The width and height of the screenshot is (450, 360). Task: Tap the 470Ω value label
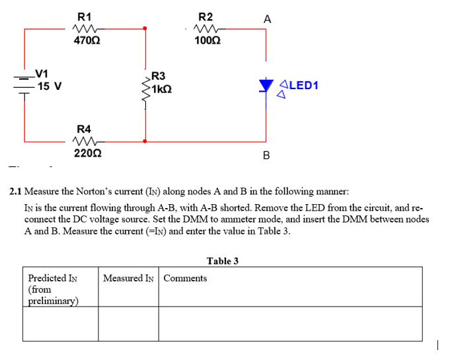tap(87, 41)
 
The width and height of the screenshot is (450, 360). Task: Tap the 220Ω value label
tap(87, 153)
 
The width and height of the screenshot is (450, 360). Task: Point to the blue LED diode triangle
tap(266, 85)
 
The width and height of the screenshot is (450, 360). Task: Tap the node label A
tap(266, 19)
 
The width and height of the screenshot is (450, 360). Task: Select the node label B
tap(266, 156)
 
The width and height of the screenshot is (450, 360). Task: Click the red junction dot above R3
tap(144, 28)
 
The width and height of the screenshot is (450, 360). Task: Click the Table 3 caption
tap(223, 261)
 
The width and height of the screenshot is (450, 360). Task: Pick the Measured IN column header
tap(128, 278)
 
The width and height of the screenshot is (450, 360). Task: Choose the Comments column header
tap(185, 278)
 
